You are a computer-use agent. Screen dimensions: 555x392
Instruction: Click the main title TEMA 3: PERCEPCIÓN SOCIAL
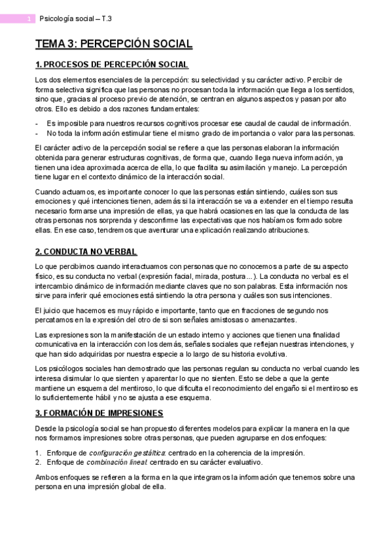(x=113, y=44)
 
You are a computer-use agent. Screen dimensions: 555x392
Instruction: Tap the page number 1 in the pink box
(x=29, y=19)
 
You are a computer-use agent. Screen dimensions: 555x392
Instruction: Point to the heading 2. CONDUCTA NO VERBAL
(x=86, y=252)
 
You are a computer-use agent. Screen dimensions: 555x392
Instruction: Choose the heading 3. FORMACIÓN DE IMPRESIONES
(x=99, y=413)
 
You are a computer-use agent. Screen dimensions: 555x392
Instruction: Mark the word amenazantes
(x=270, y=319)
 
